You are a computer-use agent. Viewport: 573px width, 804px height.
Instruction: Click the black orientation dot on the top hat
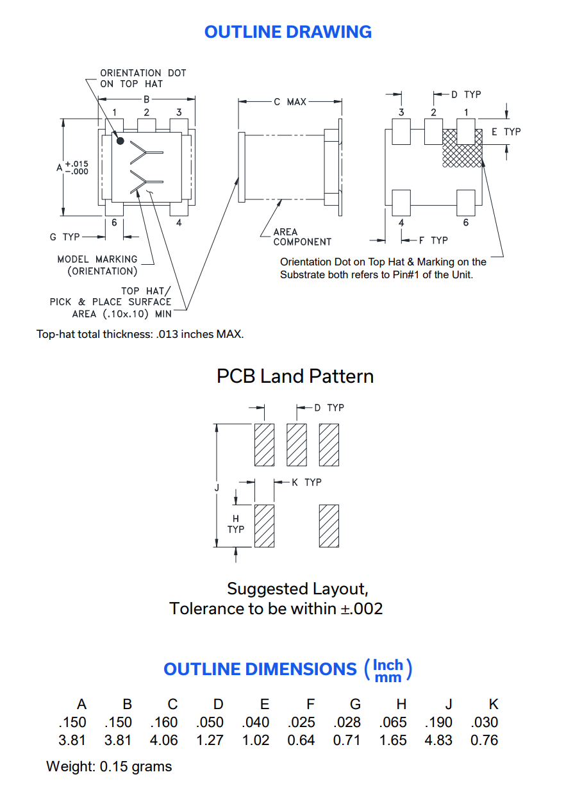120,140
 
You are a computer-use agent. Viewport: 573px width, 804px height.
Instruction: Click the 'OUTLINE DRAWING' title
288,32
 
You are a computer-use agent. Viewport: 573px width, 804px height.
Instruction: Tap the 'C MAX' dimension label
290,102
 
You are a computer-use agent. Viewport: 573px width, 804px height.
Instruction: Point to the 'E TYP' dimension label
506,131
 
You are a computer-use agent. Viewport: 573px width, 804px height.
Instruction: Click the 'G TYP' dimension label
65,237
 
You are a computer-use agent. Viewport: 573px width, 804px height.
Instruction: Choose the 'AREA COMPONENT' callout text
302,237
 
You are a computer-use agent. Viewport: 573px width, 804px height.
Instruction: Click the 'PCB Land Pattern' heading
295,376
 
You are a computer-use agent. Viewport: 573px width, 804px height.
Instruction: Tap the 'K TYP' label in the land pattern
306,482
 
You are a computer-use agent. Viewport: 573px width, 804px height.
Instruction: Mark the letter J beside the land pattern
217,488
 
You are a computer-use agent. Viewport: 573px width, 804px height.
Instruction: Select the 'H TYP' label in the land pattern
236,524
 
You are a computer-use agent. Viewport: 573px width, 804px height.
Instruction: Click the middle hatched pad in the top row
297,445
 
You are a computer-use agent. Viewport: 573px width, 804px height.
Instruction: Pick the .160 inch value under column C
164,722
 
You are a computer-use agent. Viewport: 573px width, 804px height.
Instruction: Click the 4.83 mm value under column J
438,740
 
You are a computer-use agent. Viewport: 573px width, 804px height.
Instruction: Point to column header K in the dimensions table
494,704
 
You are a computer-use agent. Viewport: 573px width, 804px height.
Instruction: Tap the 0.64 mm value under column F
301,740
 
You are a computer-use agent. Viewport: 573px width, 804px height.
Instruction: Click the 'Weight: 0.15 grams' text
109,767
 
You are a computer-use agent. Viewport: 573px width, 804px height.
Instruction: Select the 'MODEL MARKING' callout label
97,259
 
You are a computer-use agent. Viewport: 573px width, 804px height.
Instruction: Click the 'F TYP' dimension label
433,240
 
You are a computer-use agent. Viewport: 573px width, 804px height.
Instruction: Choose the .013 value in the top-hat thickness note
167,334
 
